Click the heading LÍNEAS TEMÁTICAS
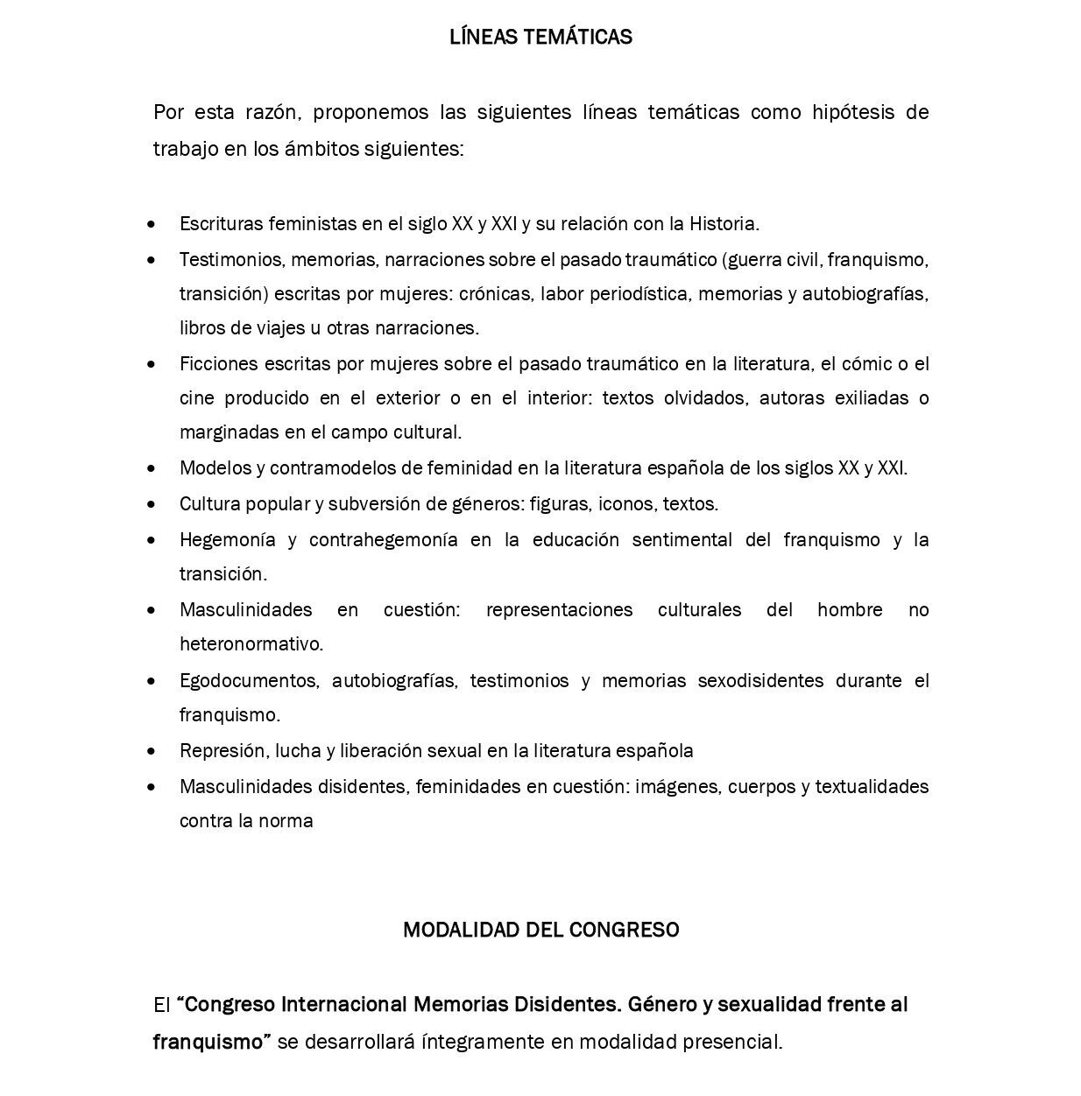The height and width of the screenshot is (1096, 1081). click(540, 37)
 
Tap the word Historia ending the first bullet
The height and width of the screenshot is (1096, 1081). click(724, 223)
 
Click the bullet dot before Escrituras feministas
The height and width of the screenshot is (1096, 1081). click(153, 224)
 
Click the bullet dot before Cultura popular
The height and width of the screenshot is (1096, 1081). click(153, 504)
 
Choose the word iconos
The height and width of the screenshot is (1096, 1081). click(626, 503)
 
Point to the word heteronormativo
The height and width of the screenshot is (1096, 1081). click(251, 644)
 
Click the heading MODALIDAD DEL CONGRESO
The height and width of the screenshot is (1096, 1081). click(540, 930)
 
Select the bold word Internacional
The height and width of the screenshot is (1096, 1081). click(343, 1004)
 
